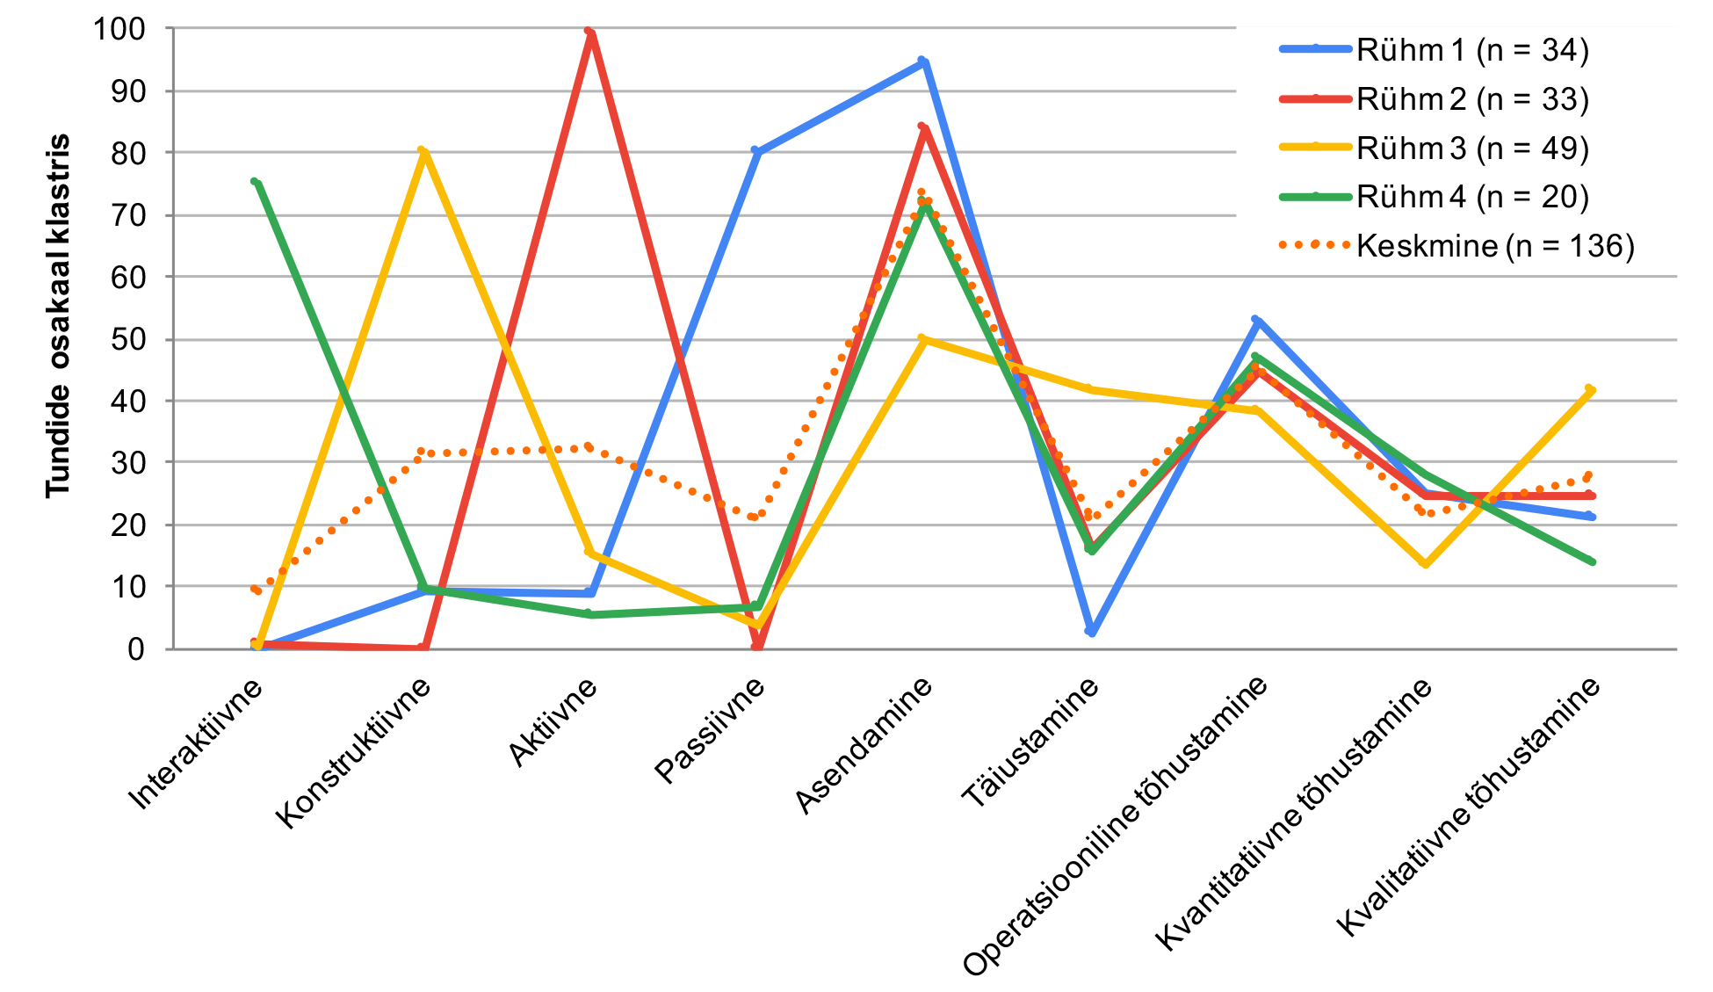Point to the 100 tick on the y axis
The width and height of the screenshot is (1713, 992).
[x=119, y=29]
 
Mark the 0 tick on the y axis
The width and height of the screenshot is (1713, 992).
[x=137, y=649]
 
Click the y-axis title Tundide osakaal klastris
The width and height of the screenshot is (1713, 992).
[x=58, y=316]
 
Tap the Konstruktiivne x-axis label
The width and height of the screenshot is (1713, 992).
[x=354, y=754]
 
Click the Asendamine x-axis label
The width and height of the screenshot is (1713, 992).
[x=864, y=746]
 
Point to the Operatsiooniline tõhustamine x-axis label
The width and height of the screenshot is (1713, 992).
[x=1116, y=826]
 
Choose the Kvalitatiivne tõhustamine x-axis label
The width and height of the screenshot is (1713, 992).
[x=1468, y=807]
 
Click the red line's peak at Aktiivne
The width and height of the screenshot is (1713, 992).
[x=589, y=32]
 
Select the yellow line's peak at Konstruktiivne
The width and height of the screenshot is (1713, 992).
[x=423, y=151]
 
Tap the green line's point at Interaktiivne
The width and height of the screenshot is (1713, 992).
[x=255, y=182]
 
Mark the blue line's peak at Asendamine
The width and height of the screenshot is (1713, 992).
[x=923, y=62]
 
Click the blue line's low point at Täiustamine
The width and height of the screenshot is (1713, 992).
[x=1090, y=631]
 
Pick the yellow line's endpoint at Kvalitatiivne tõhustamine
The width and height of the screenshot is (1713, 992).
[x=1591, y=389]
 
